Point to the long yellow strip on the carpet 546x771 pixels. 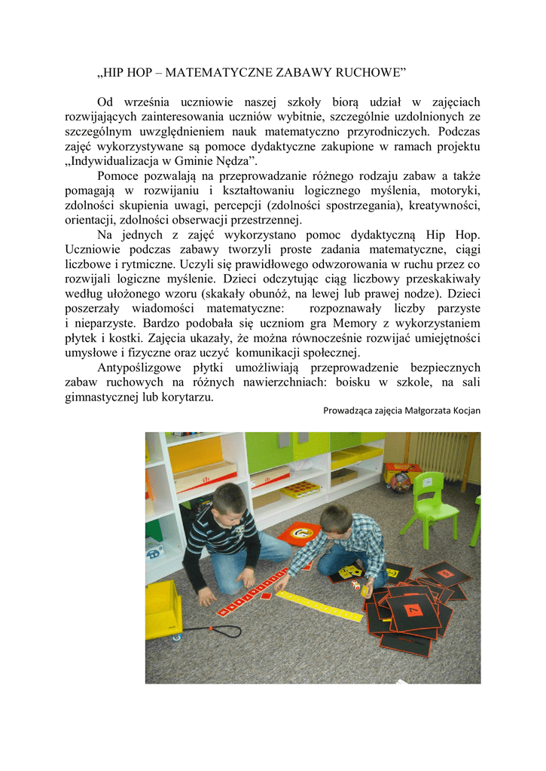tap(319, 605)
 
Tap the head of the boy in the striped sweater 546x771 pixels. tap(229, 500)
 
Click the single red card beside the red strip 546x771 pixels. tap(266, 596)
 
